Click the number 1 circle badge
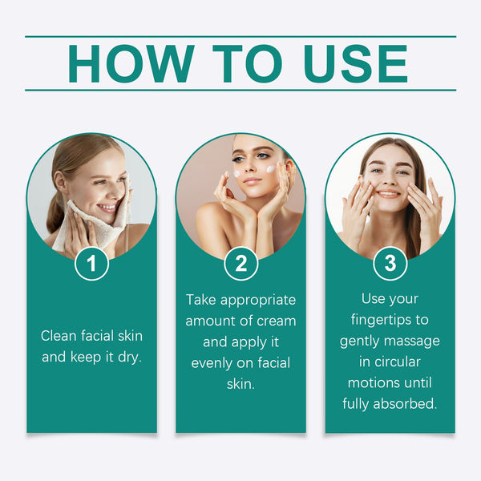pyautogui.click(x=91, y=264)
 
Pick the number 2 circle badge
pyautogui.click(x=240, y=264)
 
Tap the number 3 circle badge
pyautogui.click(x=390, y=264)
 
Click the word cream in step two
pyautogui.click(x=274, y=321)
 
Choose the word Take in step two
pyautogui.click(x=201, y=300)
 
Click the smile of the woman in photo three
pyautogui.click(x=387, y=194)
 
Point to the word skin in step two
pyautogui.click(x=240, y=383)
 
